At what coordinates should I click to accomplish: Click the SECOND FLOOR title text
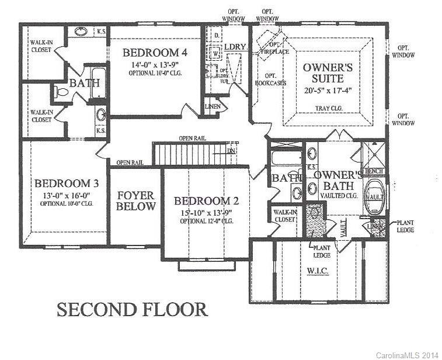[131, 309]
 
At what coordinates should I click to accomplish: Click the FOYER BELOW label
[135, 200]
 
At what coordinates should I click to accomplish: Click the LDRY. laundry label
[235, 46]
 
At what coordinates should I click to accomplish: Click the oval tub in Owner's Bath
[374, 196]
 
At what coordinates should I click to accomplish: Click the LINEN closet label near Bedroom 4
[212, 106]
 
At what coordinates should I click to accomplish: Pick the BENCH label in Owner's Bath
[374, 171]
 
